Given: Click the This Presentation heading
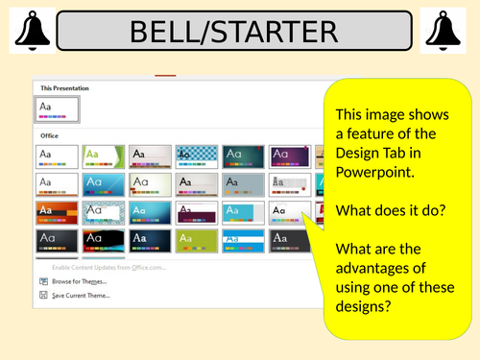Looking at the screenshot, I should (x=65, y=86).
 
